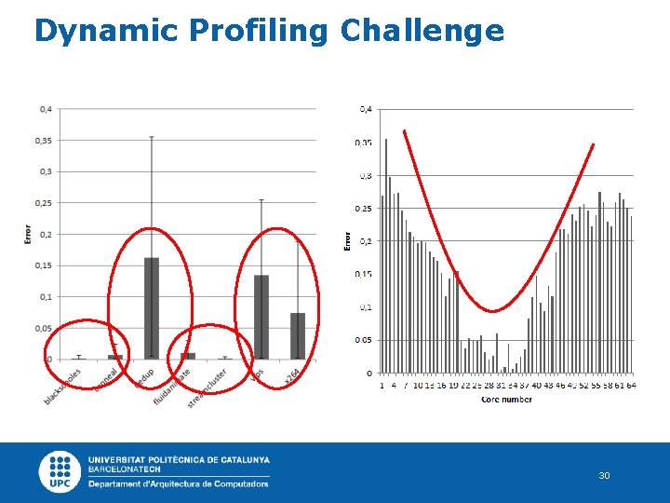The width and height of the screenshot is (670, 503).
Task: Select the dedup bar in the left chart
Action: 151,308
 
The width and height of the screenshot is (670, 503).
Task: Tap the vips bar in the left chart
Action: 261,317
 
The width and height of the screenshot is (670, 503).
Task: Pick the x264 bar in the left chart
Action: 298,335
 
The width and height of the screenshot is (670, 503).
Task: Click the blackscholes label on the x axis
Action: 63,385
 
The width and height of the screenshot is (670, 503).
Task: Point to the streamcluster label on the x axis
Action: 208,387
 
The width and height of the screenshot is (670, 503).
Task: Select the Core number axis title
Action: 506,400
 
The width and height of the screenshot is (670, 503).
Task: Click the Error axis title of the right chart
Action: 348,240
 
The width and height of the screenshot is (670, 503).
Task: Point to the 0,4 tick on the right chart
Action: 366,109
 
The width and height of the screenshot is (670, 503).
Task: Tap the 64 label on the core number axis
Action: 631,384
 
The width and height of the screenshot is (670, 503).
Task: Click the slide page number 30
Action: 604,476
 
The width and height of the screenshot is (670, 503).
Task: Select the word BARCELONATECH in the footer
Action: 124,470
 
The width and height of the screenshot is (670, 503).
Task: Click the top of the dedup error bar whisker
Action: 151,137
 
